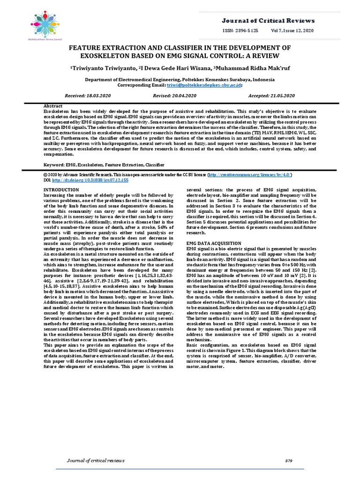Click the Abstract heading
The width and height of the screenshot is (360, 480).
[53, 106]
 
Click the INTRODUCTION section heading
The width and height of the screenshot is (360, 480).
[61, 190]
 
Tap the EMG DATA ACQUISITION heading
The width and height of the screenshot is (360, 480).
[214, 243]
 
